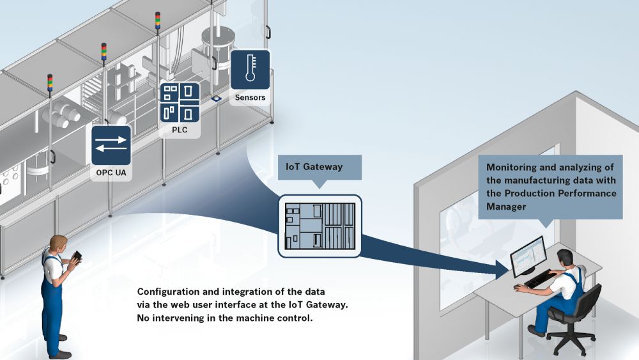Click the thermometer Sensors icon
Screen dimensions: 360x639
click(249, 70)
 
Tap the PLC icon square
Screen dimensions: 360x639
click(180, 102)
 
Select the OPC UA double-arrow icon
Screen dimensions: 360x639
click(111, 146)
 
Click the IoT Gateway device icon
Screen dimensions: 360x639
click(319, 225)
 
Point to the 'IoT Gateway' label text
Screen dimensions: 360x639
click(314, 167)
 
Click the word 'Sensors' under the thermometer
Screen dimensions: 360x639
click(250, 98)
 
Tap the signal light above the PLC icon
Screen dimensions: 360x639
click(158, 20)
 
